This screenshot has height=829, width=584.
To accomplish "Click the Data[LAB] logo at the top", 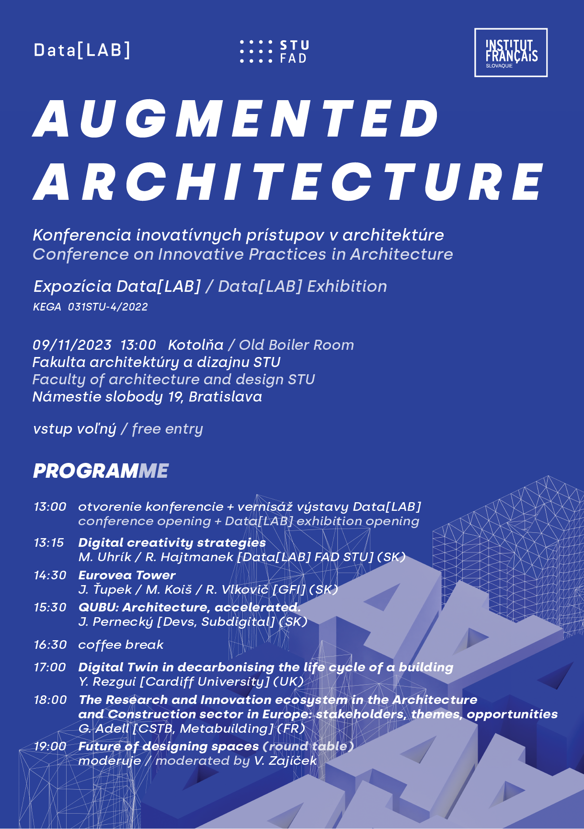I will pos(82,50).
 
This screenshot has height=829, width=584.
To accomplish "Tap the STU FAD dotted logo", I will pos(274,52).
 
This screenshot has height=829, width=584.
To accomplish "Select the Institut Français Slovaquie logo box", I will pos(511,53).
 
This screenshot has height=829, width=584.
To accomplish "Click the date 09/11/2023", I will pos(72,345).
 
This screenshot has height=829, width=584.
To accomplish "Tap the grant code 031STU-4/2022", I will pos(108,307).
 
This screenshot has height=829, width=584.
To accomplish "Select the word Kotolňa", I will pos(195,345).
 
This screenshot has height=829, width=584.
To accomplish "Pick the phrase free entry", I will pos(167,429).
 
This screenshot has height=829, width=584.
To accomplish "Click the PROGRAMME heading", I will pos(101,471).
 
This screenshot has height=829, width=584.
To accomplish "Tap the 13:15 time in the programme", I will pos(48,543).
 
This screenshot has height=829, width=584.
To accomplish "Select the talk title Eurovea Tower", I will pos(127,575).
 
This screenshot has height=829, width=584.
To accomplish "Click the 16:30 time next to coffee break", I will pos(50,645).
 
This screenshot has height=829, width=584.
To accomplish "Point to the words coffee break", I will pos(121,645).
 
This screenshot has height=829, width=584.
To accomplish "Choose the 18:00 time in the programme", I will pos(50,700).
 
